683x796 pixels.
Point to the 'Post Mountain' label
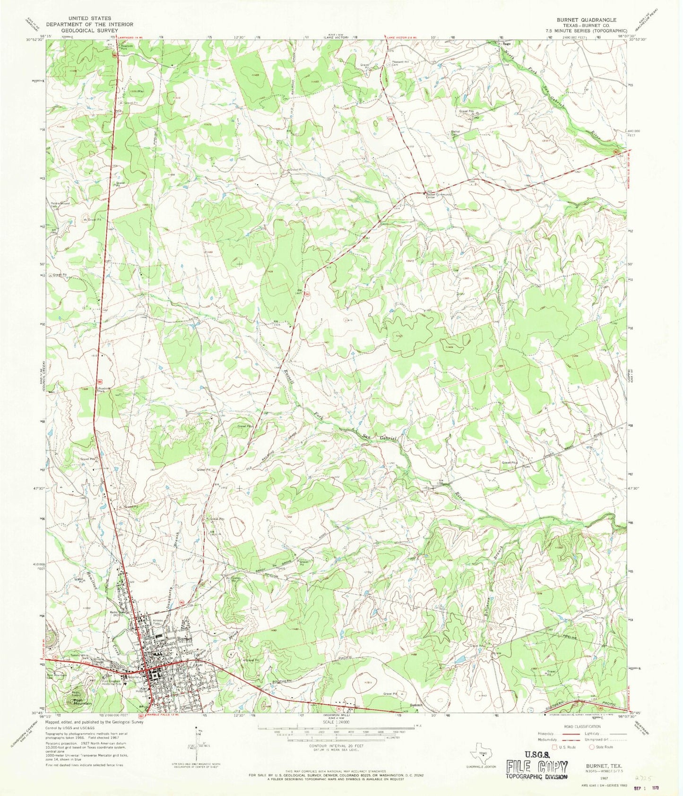[x=83, y=704]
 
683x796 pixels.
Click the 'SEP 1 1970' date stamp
[x=662, y=788]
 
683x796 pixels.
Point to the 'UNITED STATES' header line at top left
[x=89, y=18]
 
